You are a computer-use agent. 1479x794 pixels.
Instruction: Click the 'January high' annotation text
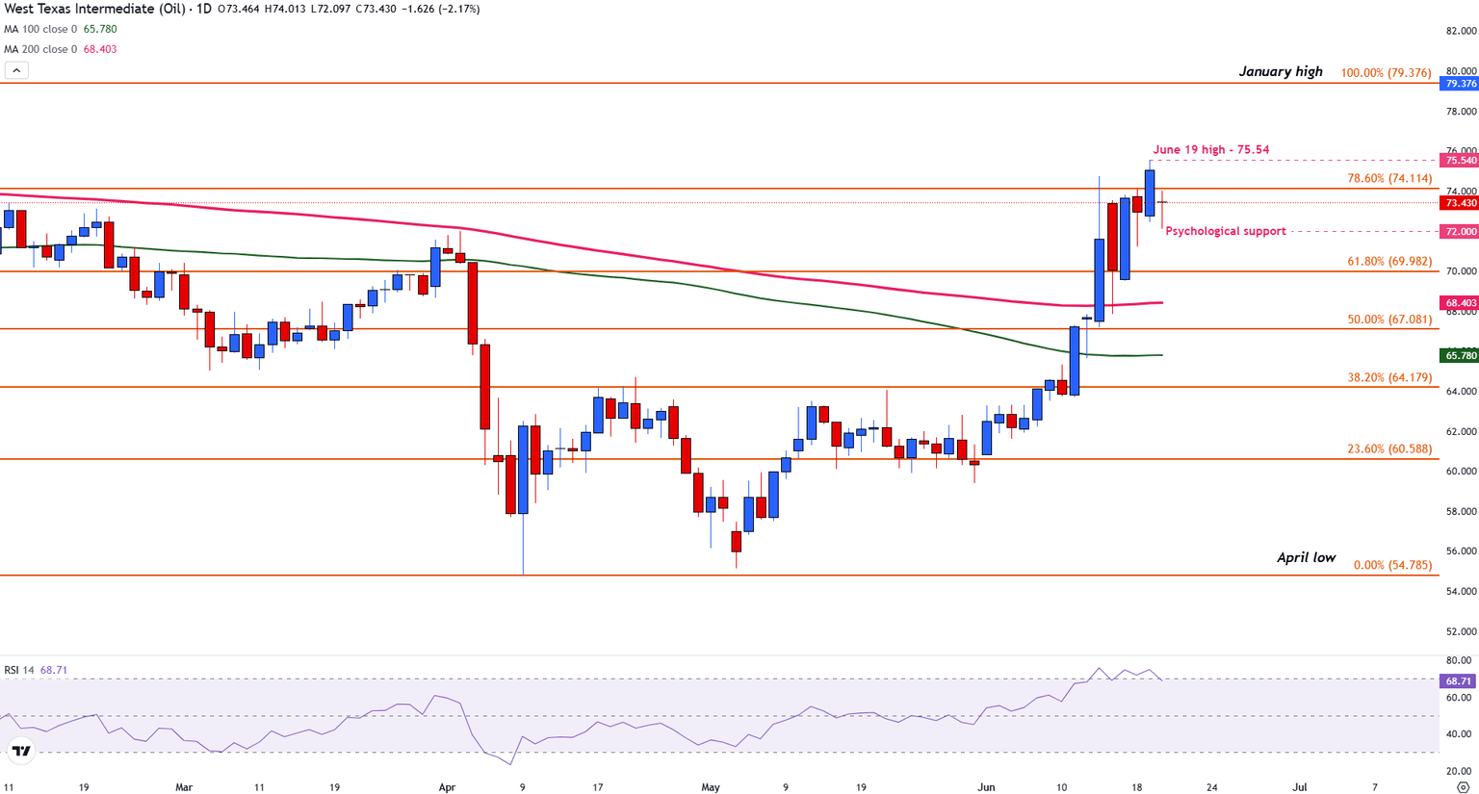1281,71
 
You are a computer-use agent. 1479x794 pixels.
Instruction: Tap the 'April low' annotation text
1306,557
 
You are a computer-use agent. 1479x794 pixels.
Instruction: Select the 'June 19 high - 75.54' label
1210,149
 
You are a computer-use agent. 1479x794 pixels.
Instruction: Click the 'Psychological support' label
1225,231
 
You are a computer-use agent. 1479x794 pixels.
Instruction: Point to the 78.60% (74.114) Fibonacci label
1389,178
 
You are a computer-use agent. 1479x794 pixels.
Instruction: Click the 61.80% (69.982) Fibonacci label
1389,261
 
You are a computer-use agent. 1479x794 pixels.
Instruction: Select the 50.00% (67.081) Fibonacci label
1389,319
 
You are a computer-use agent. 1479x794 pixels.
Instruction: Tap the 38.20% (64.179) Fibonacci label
1389,377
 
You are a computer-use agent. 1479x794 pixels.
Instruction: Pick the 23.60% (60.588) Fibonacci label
1389,448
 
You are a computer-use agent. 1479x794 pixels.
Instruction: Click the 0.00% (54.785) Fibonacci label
1392,565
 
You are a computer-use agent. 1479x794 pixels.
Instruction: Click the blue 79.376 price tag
1460,84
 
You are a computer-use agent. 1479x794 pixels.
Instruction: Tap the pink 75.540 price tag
1460,161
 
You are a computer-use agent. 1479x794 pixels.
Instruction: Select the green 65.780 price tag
1460,356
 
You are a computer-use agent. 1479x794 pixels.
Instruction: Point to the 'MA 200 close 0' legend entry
39,49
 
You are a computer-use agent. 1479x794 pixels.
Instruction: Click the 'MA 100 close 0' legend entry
39,29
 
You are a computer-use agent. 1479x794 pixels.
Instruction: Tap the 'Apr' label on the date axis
447,787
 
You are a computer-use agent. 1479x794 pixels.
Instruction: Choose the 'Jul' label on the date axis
1299,787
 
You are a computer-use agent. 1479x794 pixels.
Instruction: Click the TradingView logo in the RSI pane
20,751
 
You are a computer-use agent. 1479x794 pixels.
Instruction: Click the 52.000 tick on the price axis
1460,631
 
